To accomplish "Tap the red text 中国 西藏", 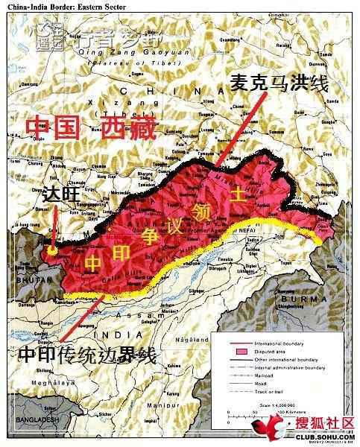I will [x=89, y=127].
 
